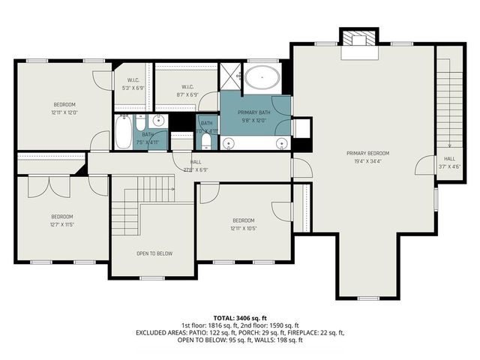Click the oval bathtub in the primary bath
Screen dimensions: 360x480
(x=262, y=77)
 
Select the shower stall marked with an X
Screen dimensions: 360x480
(x=229, y=76)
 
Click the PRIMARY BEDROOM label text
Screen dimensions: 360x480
(x=367, y=153)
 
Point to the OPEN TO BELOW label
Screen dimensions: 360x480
(x=154, y=253)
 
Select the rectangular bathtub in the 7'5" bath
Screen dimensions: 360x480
(x=123, y=133)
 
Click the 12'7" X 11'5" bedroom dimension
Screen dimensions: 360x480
(x=61, y=223)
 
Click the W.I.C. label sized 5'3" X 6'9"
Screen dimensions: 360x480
(x=133, y=88)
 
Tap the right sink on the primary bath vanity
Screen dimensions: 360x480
(x=280, y=142)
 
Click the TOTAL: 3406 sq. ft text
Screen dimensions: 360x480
(x=239, y=318)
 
